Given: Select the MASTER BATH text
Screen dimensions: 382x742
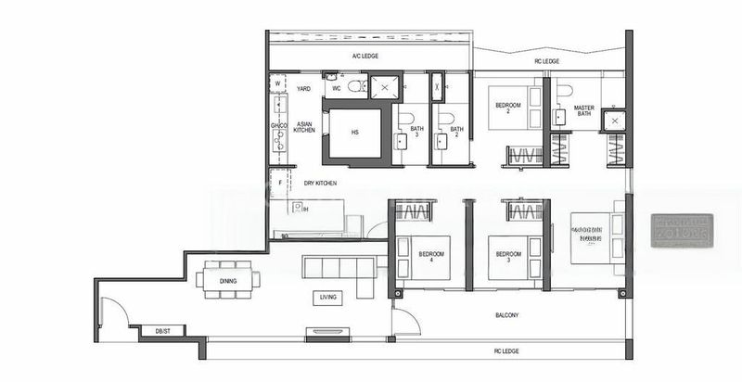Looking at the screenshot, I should point(583,111).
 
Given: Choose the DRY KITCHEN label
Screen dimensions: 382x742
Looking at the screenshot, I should point(320,184).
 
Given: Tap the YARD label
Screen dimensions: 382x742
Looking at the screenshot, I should point(303,89).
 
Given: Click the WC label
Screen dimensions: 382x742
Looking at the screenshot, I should point(337,89).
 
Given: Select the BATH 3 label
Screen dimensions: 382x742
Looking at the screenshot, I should point(416,132).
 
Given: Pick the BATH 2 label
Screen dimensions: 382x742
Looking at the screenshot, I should point(456,132).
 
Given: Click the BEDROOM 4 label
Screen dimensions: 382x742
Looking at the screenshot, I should point(431,256).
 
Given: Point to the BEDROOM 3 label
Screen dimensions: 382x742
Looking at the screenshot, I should point(507,256).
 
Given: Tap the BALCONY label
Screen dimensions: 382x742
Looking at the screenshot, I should point(505,316).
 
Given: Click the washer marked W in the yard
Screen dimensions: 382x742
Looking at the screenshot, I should point(277,84).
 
